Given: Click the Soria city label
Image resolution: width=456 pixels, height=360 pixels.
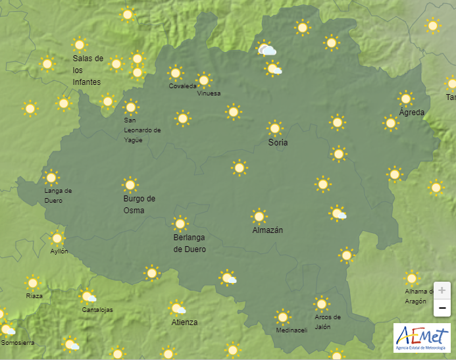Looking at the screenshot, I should point(278,143).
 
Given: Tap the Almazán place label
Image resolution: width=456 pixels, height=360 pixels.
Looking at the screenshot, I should point(268,230).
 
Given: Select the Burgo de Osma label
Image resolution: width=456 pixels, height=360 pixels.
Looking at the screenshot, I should point(139,204).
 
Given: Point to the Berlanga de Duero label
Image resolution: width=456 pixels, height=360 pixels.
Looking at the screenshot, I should point(190,243).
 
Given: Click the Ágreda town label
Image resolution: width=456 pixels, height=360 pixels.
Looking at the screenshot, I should point(412,113).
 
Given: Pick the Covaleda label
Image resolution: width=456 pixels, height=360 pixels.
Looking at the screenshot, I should point(182,86).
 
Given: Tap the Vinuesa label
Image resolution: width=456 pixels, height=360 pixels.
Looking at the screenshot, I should point(209,93).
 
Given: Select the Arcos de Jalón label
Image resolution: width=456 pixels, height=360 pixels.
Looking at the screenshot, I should point(327,322).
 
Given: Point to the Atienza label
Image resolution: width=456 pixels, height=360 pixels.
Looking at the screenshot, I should point(184,322).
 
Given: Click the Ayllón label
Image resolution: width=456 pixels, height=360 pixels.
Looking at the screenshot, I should point(59,251).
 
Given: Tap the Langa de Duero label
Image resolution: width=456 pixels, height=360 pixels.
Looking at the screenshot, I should point(58,195).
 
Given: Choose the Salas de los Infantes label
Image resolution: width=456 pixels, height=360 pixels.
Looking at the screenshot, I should point(88,70).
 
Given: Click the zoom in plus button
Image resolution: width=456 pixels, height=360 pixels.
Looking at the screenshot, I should point(442,290).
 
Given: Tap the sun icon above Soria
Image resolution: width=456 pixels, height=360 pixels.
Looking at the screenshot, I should point(275,128).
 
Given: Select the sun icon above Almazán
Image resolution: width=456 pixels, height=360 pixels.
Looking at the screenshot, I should point(259,216).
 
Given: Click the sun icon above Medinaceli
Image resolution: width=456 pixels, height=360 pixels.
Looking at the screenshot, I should point(283,317).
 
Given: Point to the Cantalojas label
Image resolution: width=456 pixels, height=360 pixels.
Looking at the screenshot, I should point(97,310).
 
